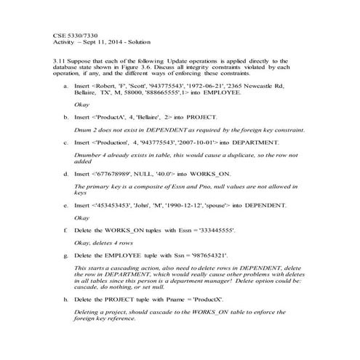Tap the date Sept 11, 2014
tap(104, 43)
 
